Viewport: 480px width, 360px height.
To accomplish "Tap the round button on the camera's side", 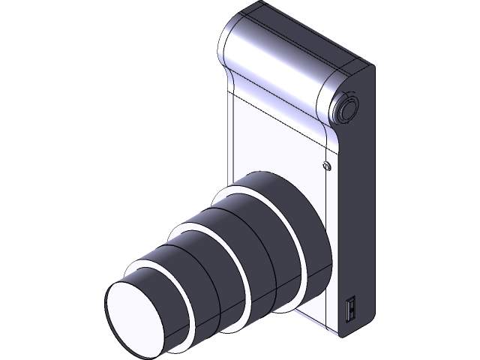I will point(347,109).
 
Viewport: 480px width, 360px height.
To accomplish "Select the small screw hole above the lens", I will point(326,166).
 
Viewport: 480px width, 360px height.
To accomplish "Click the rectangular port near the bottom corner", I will point(349,309).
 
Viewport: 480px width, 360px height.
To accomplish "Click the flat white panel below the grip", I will point(270,142).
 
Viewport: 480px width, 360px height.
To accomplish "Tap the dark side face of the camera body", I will point(356,210).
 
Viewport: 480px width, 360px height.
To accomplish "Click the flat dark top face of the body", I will point(315,34).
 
